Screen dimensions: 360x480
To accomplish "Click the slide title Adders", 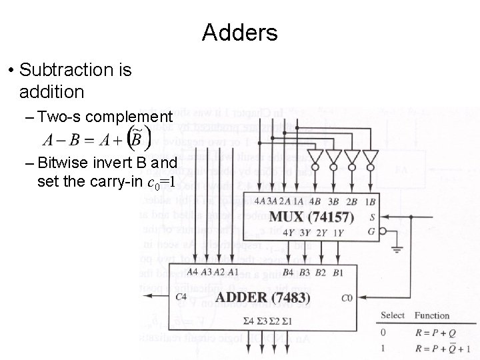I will [x=239, y=31].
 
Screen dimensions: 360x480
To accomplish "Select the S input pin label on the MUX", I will [x=371, y=217].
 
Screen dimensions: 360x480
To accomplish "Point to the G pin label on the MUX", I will [x=371, y=231].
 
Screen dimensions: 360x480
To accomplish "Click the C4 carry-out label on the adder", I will [x=181, y=297].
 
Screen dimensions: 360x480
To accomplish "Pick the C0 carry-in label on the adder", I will [x=347, y=298].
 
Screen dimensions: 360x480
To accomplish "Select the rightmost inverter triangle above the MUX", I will [x=371, y=159].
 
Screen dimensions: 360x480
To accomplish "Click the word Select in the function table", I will [x=393, y=315].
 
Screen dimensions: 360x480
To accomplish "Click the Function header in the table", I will [x=432, y=315].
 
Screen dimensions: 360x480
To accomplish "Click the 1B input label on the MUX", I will [x=371, y=202].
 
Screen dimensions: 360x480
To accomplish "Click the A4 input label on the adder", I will [x=192, y=271].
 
